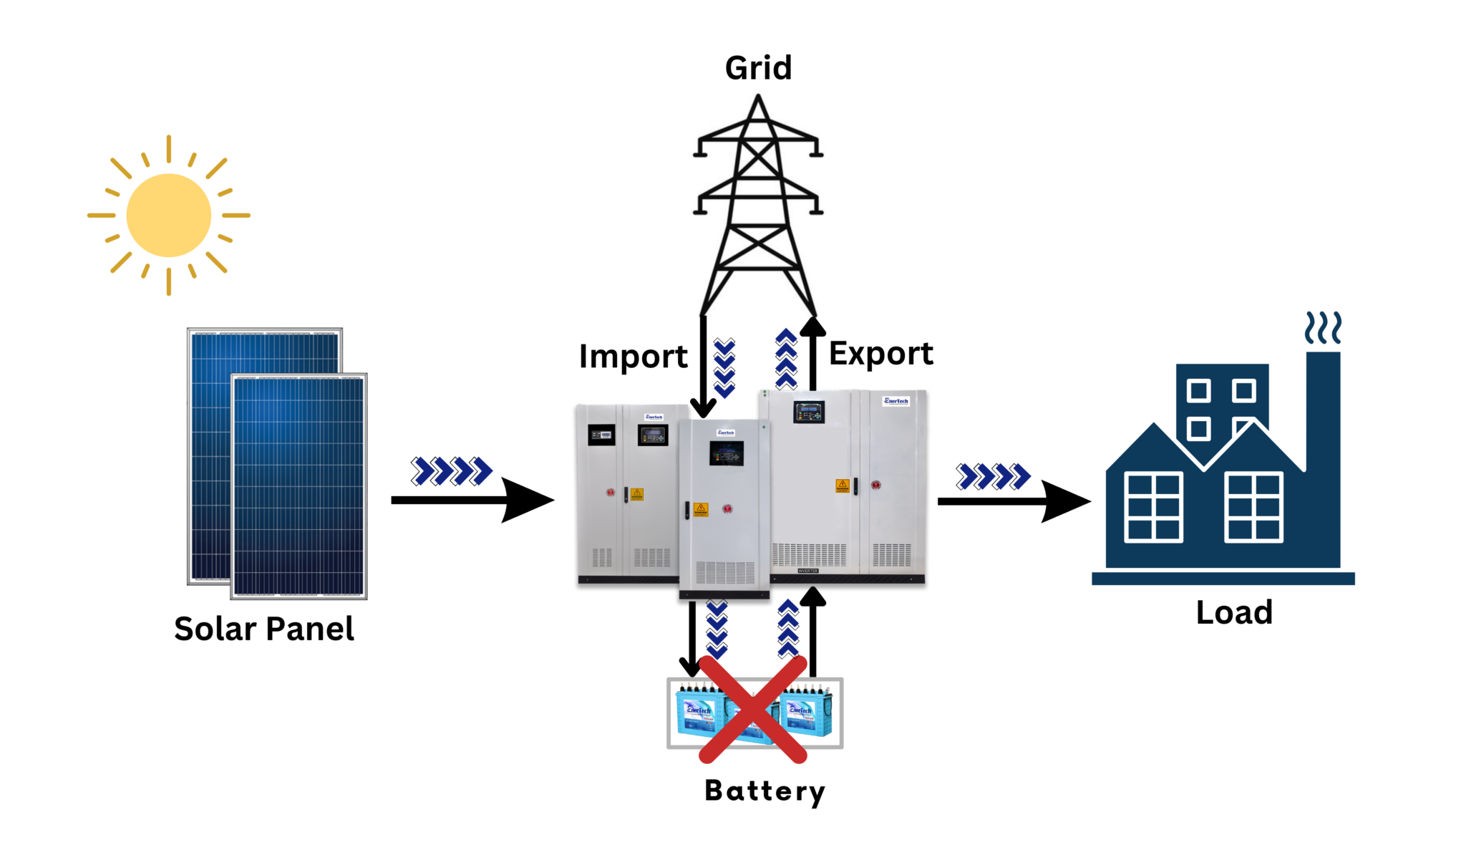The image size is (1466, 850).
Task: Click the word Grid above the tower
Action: (x=758, y=69)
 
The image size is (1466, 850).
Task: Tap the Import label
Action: (x=633, y=356)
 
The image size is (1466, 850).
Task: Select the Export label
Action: (x=880, y=353)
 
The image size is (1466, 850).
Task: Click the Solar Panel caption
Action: (x=263, y=629)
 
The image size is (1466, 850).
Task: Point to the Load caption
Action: (x=1234, y=612)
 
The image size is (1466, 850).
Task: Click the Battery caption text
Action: (x=764, y=791)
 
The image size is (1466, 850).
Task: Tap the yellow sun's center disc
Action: (x=169, y=215)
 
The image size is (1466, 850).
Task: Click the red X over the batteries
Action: (x=752, y=709)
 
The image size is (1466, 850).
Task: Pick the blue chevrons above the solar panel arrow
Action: (x=451, y=471)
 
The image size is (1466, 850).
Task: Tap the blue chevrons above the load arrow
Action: (x=993, y=476)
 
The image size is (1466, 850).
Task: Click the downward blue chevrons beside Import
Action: (x=724, y=368)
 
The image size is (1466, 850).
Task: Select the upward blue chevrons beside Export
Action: (x=786, y=359)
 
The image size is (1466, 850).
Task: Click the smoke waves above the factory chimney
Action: (x=1322, y=328)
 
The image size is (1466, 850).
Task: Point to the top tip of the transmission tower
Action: (x=758, y=97)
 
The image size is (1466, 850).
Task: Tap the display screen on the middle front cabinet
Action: (x=726, y=453)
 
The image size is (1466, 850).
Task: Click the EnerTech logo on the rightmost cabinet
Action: (x=896, y=401)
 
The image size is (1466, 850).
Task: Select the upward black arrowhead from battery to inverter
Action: (x=812, y=597)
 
